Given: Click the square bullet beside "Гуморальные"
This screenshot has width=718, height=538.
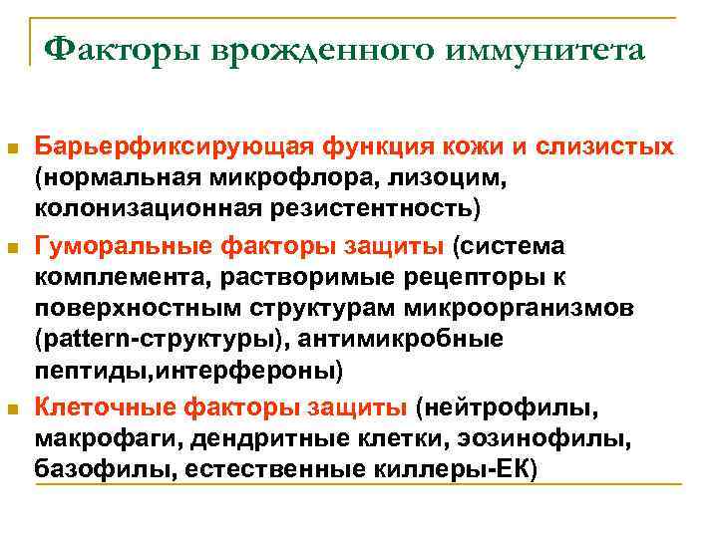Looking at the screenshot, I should pos(12,246).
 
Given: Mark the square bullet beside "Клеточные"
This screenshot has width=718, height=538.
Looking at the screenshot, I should pos(12,407).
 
